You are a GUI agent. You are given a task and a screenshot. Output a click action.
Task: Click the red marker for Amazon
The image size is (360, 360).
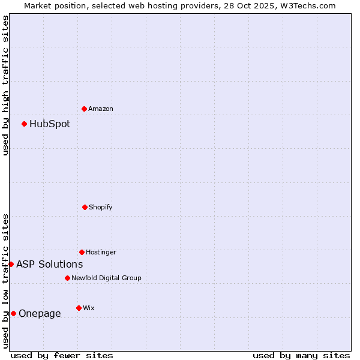point(84,109)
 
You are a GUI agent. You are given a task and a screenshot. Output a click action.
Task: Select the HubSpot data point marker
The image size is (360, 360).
point(24,124)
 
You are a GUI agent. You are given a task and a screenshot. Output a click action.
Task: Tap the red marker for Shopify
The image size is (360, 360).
point(85,207)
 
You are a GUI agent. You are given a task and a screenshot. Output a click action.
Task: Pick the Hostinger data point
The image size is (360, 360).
point(82,252)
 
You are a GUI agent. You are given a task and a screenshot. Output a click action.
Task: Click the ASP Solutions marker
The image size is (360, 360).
point(11,264)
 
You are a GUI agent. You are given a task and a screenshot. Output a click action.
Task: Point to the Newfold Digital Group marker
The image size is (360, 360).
point(67,278)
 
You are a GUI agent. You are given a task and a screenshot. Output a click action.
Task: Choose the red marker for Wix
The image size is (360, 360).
point(79,308)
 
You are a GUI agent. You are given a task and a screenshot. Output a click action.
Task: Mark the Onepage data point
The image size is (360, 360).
point(13,313)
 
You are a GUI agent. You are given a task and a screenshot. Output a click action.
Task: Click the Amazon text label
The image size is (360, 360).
point(101,109)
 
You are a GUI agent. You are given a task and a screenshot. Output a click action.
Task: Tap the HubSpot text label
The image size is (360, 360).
point(50,124)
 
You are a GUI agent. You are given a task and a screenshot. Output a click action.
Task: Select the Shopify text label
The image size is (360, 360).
point(101,207)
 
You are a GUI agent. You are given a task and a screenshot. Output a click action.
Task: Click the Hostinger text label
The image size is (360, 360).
point(101,252)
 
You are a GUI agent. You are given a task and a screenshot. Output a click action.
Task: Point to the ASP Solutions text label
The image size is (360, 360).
point(50,264)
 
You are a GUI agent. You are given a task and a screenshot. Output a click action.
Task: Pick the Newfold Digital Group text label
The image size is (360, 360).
point(107,278)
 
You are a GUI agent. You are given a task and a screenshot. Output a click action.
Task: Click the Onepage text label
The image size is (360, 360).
point(40,313)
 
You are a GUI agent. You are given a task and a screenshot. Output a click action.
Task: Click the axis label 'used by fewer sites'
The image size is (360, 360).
point(62,355)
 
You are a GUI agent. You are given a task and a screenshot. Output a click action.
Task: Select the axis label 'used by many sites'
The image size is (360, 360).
point(301,355)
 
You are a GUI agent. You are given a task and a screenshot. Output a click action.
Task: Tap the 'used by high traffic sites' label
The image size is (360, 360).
point(5,85)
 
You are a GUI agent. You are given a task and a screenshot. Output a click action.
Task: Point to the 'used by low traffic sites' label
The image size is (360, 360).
point(5,281)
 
